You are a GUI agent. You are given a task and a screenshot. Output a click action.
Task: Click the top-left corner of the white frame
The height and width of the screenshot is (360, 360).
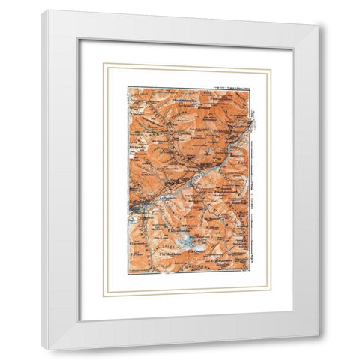43,10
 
